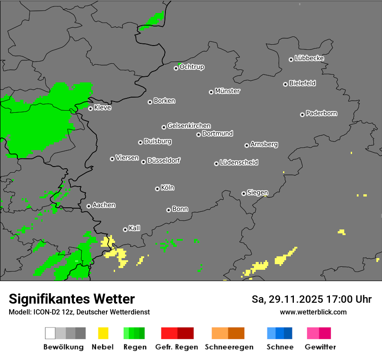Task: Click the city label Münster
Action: coord(227,91)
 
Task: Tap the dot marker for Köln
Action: coord(157,189)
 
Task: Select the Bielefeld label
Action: coord(303,83)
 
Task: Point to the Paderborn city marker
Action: coord(302,115)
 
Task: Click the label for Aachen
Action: coord(104,205)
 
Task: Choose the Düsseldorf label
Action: coord(164,160)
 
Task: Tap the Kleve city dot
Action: coord(90,108)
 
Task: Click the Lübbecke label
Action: coord(310,58)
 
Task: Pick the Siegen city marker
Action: coord(244,193)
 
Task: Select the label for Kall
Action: coord(135,228)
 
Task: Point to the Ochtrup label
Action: coord(192,67)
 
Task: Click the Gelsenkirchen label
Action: coord(189,126)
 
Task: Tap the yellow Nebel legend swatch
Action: coord(103,333)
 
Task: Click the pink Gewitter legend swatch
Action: coord(313,333)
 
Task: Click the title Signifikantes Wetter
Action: coord(72,299)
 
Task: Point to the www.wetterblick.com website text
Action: coord(313,312)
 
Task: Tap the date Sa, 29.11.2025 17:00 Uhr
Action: coord(312,299)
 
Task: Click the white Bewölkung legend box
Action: coord(50,333)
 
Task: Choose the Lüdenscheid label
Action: coord(239,163)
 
